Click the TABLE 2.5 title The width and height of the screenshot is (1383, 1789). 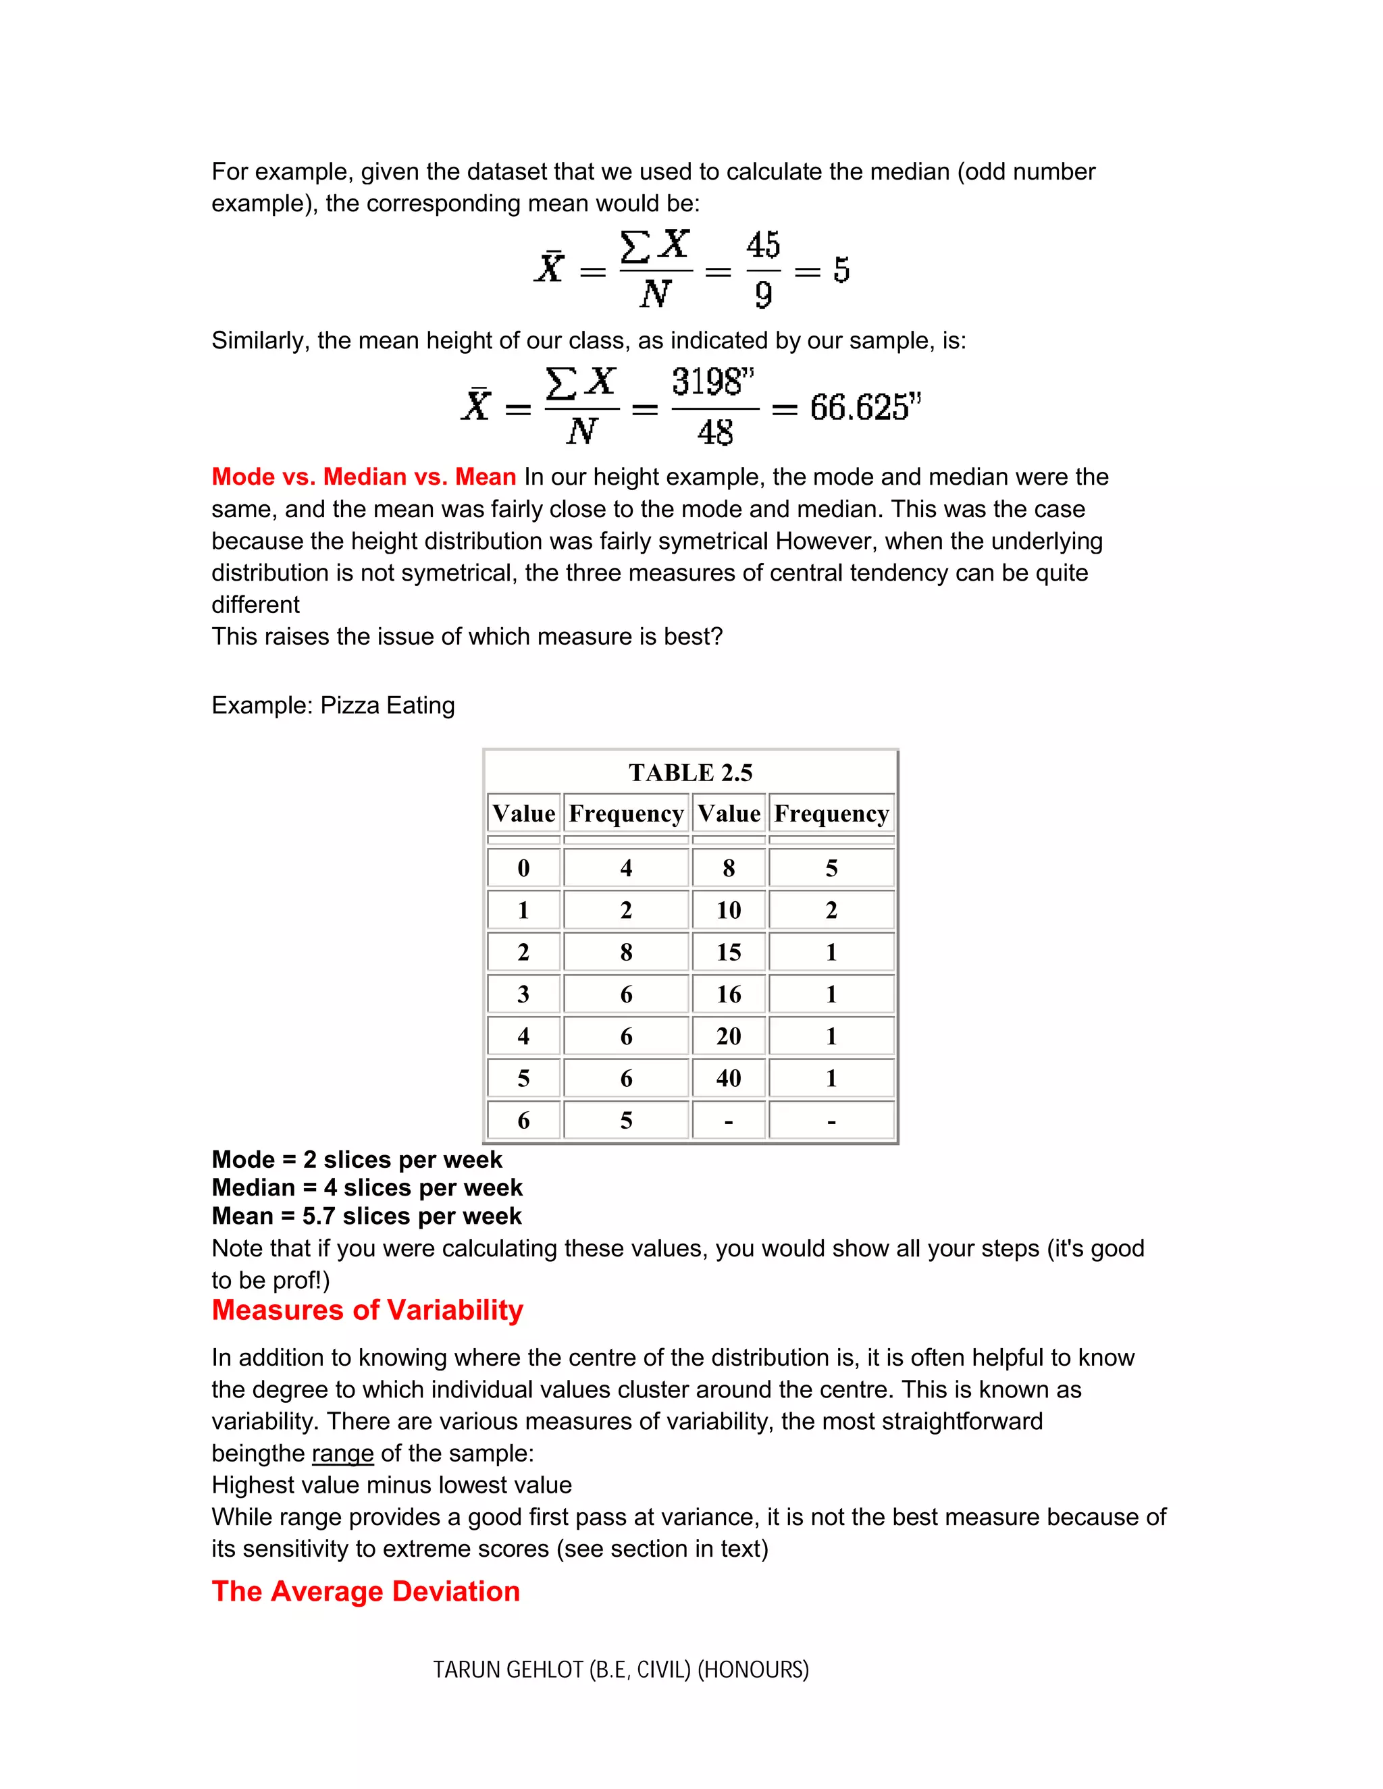coord(690,772)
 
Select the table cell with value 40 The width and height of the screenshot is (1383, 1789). coord(729,1078)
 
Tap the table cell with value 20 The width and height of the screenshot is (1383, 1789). coord(729,1036)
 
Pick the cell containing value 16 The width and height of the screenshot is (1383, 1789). coord(729,994)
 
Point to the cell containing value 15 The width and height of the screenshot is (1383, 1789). coord(729,952)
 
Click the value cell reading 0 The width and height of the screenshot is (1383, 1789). coord(523,868)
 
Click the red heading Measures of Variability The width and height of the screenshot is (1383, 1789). coord(367,1310)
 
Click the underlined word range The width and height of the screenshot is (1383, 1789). coord(342,1453)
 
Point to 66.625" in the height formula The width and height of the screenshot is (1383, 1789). coord(865,407)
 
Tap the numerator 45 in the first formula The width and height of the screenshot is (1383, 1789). coord(763,246)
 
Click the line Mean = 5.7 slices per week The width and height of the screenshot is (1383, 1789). coord(366,1216)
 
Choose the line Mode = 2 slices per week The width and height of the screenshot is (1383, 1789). coord(357,1160)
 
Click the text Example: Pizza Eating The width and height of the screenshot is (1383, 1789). coord(333,705)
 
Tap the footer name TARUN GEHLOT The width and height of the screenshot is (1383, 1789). coord(508,1670)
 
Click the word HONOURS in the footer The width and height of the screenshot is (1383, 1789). coord(753,1670)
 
